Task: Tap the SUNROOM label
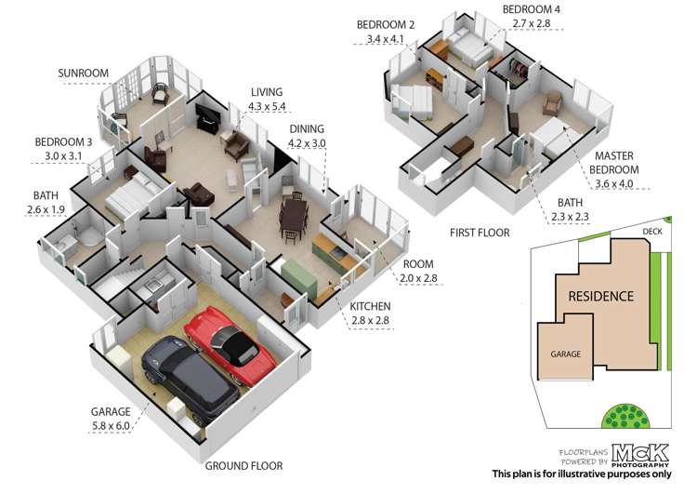84,73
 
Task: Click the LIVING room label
267,92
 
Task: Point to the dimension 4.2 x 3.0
308,143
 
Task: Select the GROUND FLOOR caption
243,465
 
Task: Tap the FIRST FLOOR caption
481,232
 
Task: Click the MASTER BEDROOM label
617,164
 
